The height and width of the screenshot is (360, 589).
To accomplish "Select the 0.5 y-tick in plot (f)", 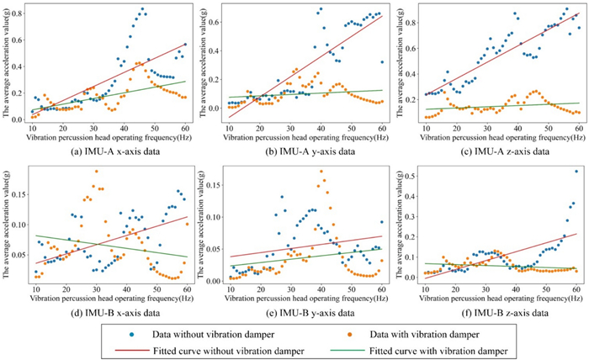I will [x=411, y=174].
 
